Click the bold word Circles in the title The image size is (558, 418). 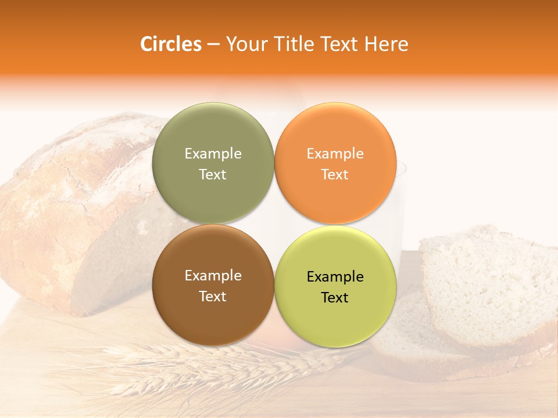coord(170,44)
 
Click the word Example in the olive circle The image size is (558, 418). coord(213,153)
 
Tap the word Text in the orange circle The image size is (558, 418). coord(335,174)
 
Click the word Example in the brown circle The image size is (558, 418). coord(213,275)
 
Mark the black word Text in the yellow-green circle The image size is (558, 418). coord(335,297)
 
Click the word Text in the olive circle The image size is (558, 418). coord(213,174)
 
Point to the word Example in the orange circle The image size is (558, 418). coord(335,153)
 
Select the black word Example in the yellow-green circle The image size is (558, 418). coord(335,276)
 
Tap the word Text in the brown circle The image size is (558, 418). coord(213,296)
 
